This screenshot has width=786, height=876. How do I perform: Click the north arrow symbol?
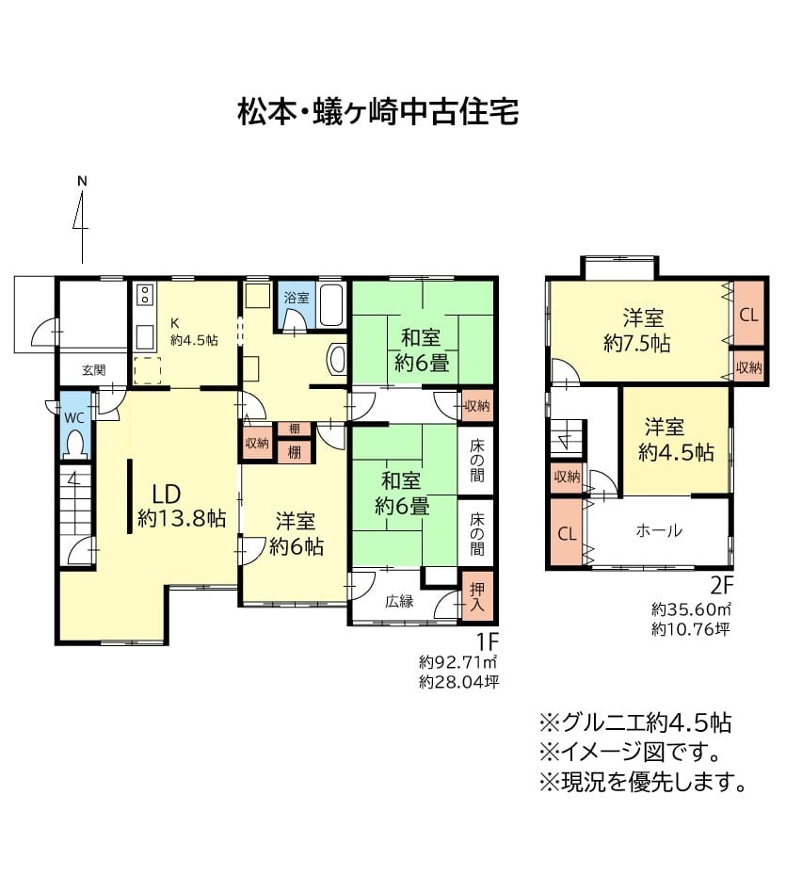click(82, 220)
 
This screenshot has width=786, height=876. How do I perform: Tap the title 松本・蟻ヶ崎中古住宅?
click(378, 112)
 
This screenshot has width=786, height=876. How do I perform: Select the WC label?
click(73, 418)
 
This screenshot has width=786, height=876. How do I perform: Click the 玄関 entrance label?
click(94, 370)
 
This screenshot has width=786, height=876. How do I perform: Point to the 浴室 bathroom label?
click(296, 298)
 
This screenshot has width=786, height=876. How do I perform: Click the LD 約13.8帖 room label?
click(182, 506)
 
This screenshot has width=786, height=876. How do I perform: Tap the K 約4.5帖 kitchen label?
click(194, 332)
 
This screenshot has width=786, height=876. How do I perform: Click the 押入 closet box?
click(477, 596)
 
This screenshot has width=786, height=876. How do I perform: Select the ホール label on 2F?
click(659, 530)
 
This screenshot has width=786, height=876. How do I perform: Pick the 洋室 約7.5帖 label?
click(637, 331)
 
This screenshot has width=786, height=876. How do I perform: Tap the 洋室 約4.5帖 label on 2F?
click(676, 440)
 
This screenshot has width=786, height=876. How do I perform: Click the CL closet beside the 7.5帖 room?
click(748, 314)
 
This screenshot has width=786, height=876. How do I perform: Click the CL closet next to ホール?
click(567, 532)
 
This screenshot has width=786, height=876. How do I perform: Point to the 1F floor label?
click(487, 641)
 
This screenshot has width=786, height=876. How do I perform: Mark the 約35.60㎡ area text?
click(691, 608)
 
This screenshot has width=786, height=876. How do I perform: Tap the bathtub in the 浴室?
click(332, 305)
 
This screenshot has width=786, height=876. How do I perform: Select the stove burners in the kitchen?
click(145, 294)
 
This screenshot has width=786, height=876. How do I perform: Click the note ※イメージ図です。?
click(631, 752)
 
